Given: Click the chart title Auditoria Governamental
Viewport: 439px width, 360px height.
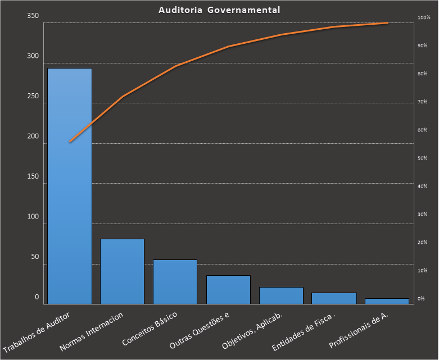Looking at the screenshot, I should (219, 10).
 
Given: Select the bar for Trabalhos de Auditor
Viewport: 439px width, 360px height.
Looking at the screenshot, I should (70, 185).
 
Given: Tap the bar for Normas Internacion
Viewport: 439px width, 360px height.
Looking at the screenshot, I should (123, 271).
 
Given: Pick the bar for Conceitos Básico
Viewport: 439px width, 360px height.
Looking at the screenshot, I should (175, 281).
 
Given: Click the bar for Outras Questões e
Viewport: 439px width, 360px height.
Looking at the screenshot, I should (228, 289).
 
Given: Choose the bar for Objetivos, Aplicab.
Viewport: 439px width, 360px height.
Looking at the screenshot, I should (281, 295).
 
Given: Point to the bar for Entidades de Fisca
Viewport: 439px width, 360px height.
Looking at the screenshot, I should (334, 298).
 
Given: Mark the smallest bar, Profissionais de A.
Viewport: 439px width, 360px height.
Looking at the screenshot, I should (387, 300).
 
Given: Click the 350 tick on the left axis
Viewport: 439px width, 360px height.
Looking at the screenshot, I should (33, 16).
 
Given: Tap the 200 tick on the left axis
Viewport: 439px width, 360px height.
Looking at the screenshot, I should (33, 136).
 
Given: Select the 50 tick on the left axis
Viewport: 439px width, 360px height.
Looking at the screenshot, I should (35, 257).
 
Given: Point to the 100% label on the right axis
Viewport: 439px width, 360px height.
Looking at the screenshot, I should (423, 18).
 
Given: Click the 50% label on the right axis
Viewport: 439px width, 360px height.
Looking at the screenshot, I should (422, 158).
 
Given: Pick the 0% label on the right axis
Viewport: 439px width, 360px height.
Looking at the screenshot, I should (420, 299).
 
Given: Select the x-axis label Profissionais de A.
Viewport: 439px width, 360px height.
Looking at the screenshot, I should (359, 330).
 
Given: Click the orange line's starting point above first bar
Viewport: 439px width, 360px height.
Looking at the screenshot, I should (70, 142).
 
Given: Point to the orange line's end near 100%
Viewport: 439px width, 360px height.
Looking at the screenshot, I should (387, 23).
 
